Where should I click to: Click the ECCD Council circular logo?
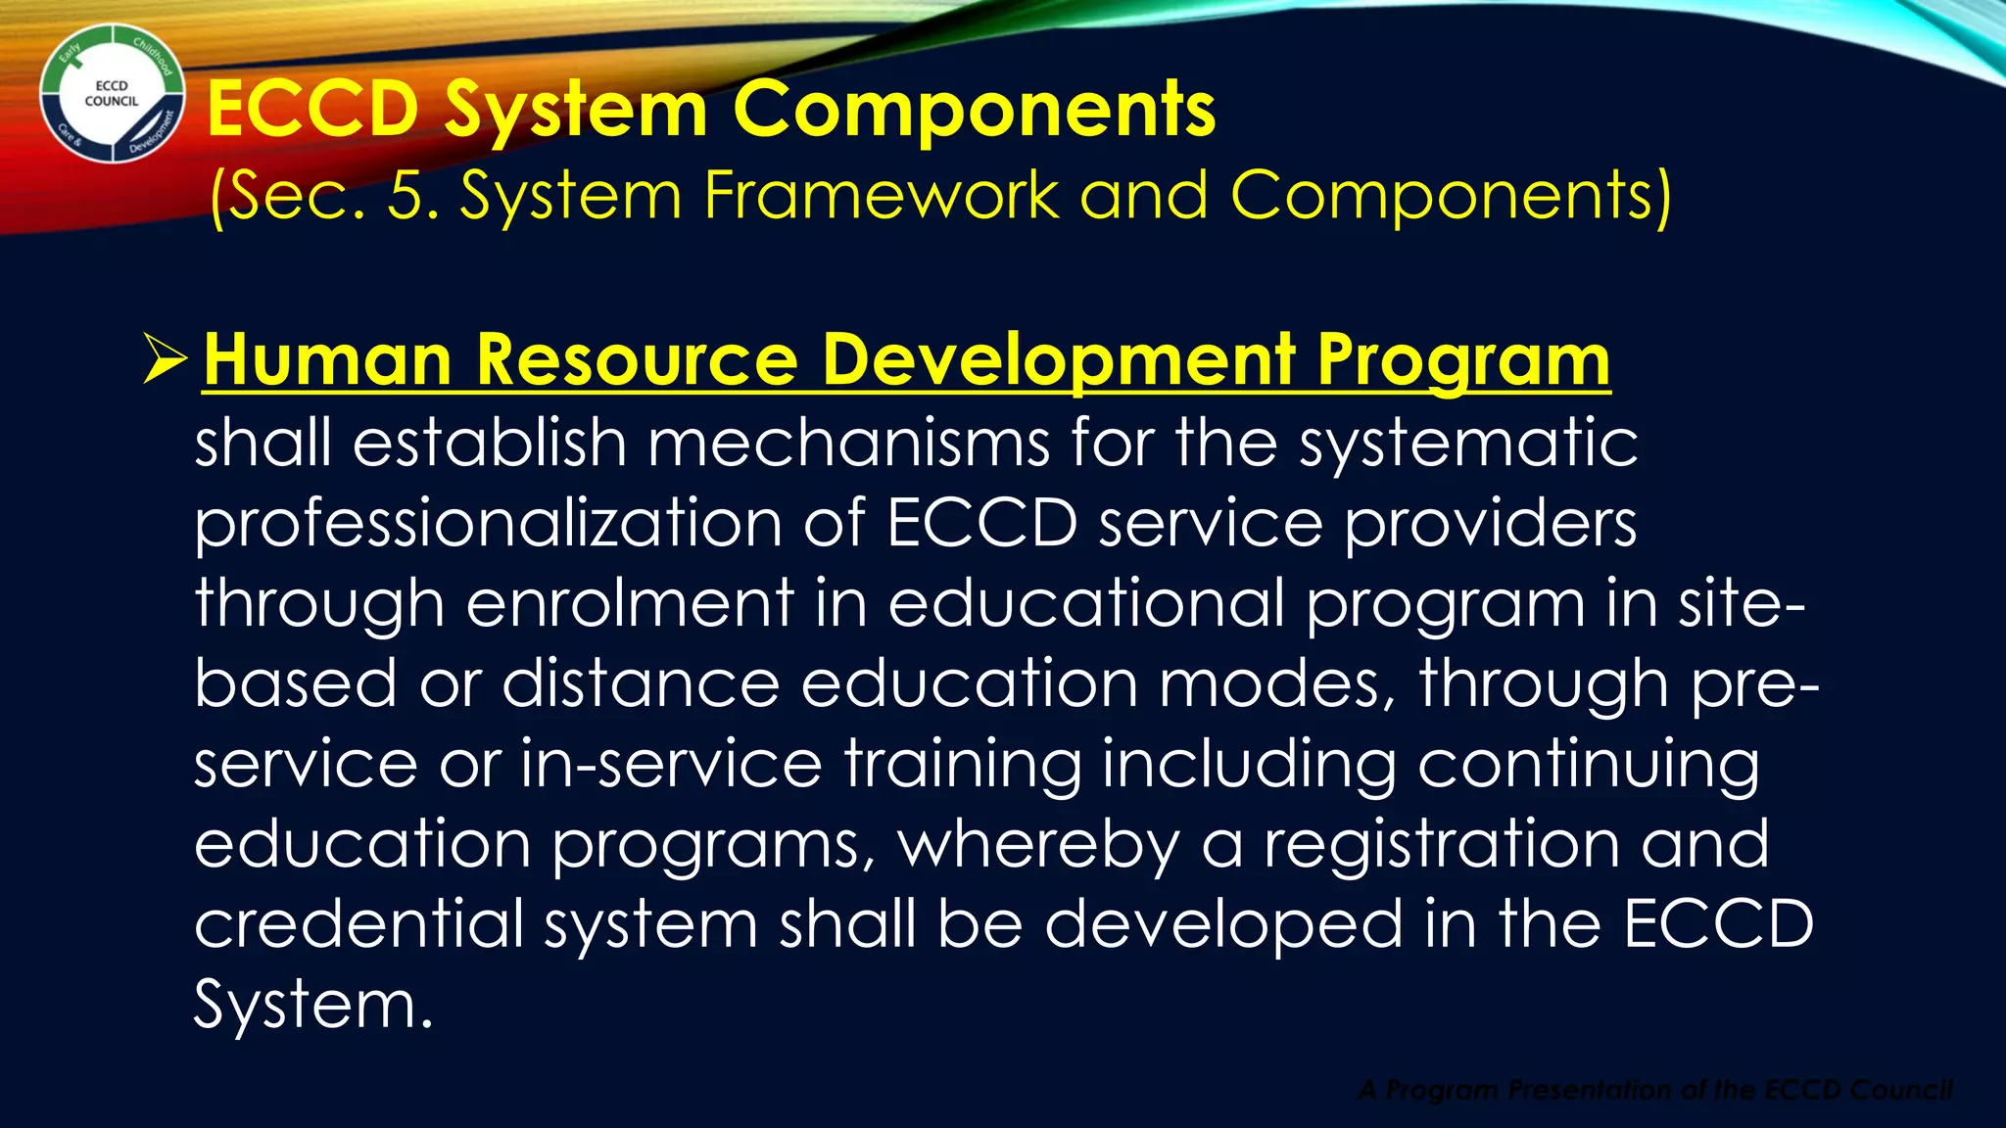point(112,94)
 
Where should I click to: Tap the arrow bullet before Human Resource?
point(165,358)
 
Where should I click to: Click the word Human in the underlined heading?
point(327,360)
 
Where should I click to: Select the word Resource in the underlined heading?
point(637,360)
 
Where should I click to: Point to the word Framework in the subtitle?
point(881,196)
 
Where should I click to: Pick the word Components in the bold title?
point(974,110)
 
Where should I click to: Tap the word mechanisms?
point(848,443)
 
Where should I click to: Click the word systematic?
point(1468,443)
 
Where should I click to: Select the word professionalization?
point(488,524)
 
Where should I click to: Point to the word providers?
point(1489,524)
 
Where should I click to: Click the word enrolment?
point(630,603)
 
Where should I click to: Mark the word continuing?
point(1587,765)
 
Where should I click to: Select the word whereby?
point(1039,845)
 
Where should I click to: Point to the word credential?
point(358,923)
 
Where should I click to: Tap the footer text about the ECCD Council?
point(1654,1090)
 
